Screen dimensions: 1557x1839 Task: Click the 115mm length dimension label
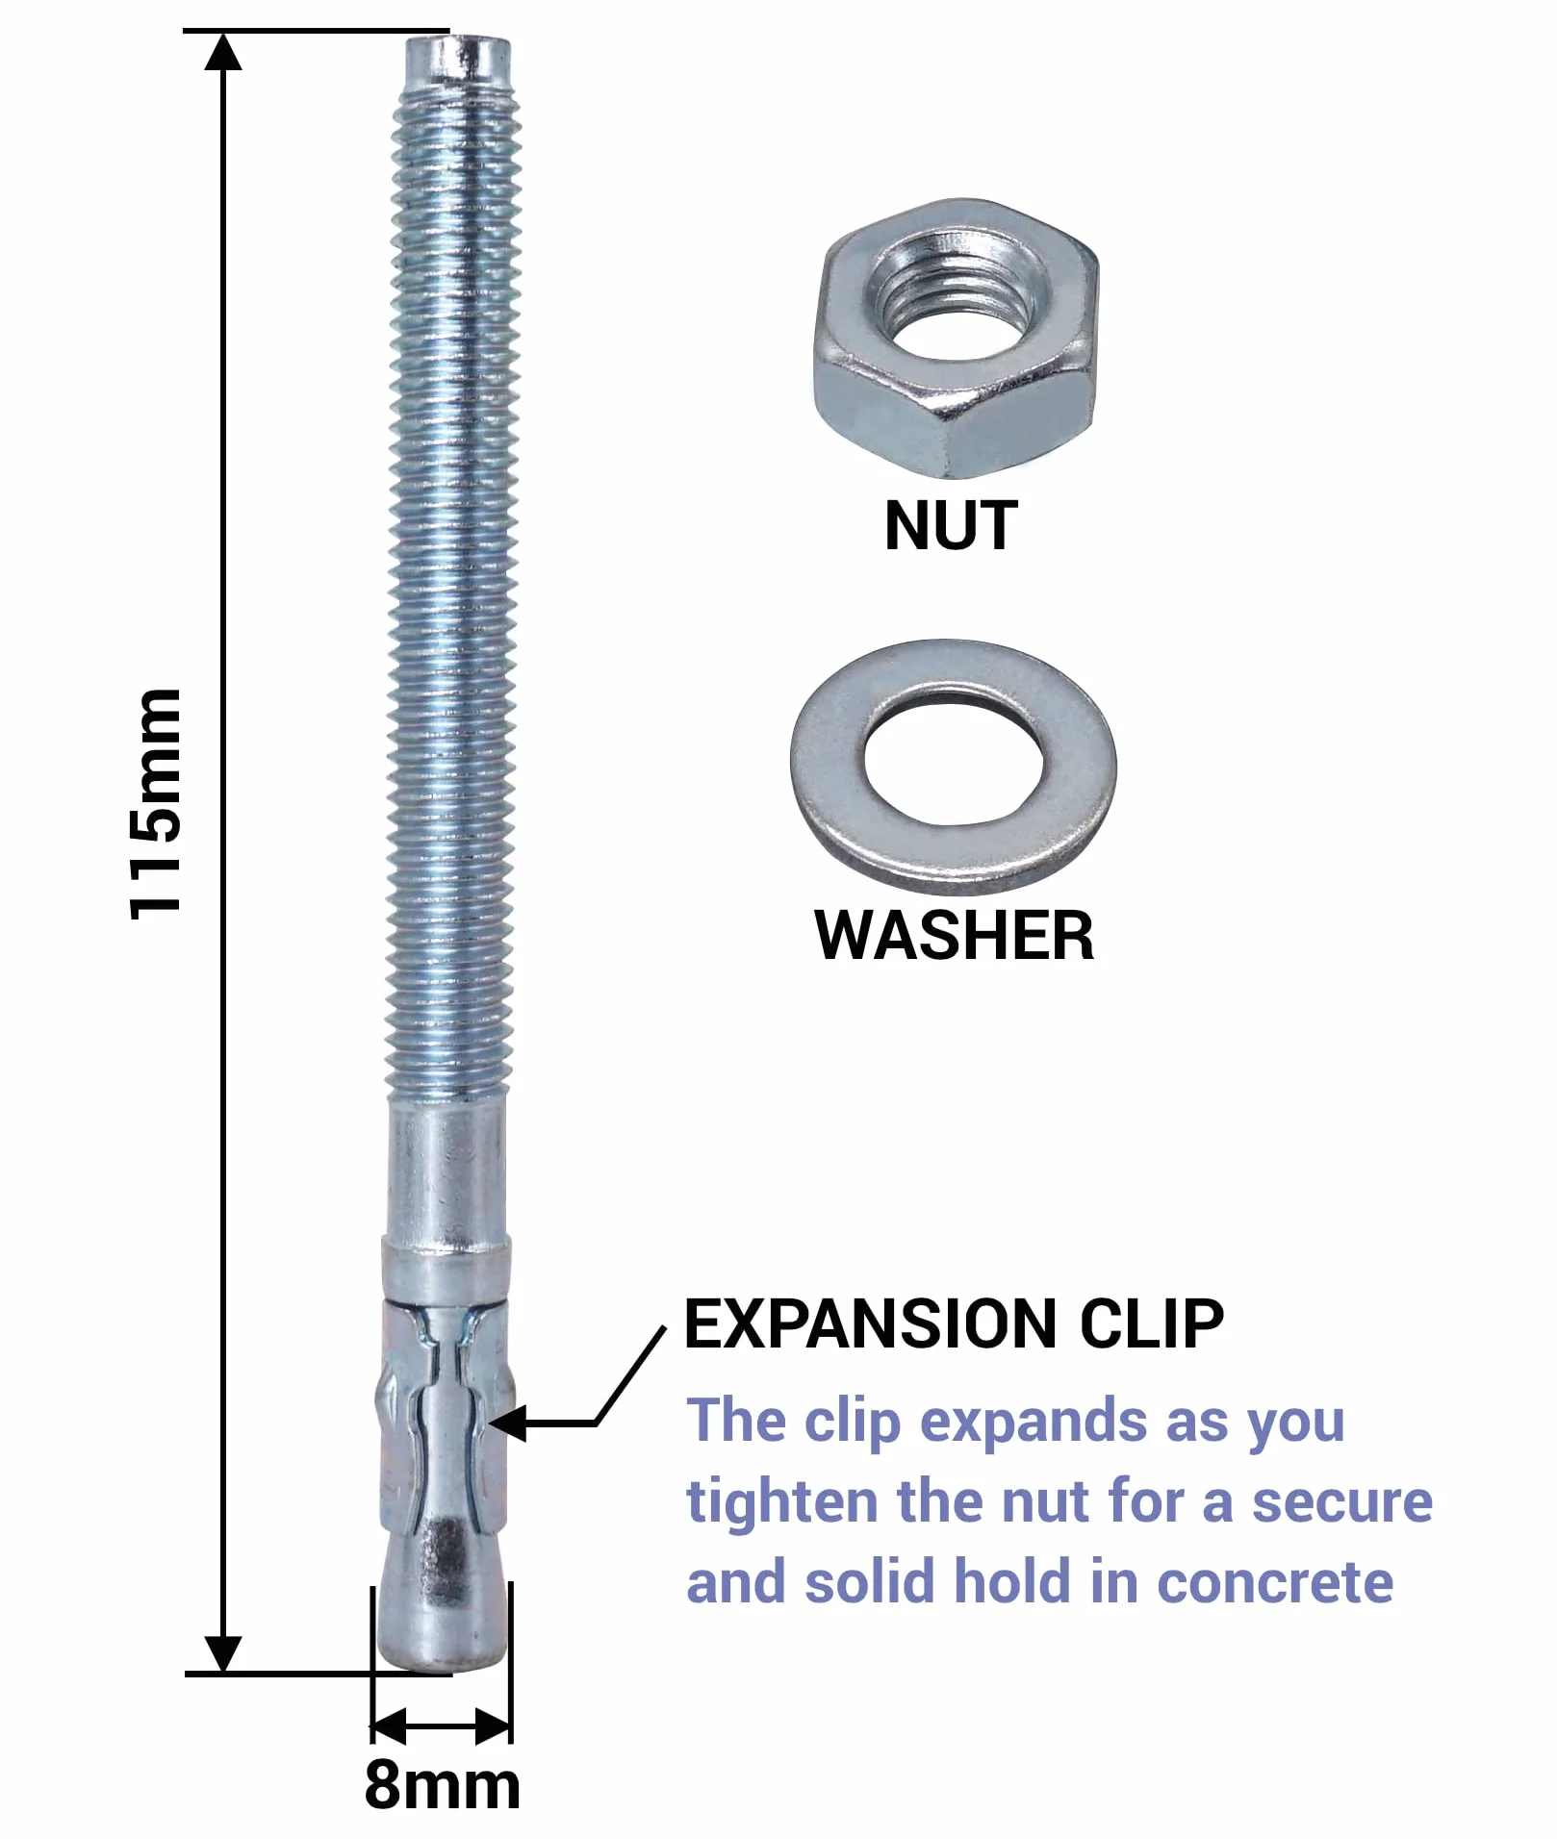pyautogui.click(x=155, y=804)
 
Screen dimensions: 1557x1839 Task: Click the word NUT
pyautogui.click(x=951, y=526)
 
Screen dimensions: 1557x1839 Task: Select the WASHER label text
pyautogui.click(x=955, y=935)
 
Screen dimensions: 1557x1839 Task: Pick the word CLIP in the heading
pyautogui.click(x=1151, y=1324)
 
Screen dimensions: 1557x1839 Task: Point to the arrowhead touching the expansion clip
pyautogui.click(x=507, y=1423)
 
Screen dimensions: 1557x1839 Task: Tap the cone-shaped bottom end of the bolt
pyautogui.click(x=442, y=1599)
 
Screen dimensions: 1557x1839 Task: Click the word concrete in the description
pyautogui.click(x=1275, y=1583)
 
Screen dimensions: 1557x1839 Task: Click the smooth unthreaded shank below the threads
pyautogui.click(x=447, y=1173)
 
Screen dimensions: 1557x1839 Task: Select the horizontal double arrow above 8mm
pyautogui.click(x=442, y=1727)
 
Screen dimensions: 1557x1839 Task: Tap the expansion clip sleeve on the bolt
pyautogui.click(x=445, y=1414)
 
